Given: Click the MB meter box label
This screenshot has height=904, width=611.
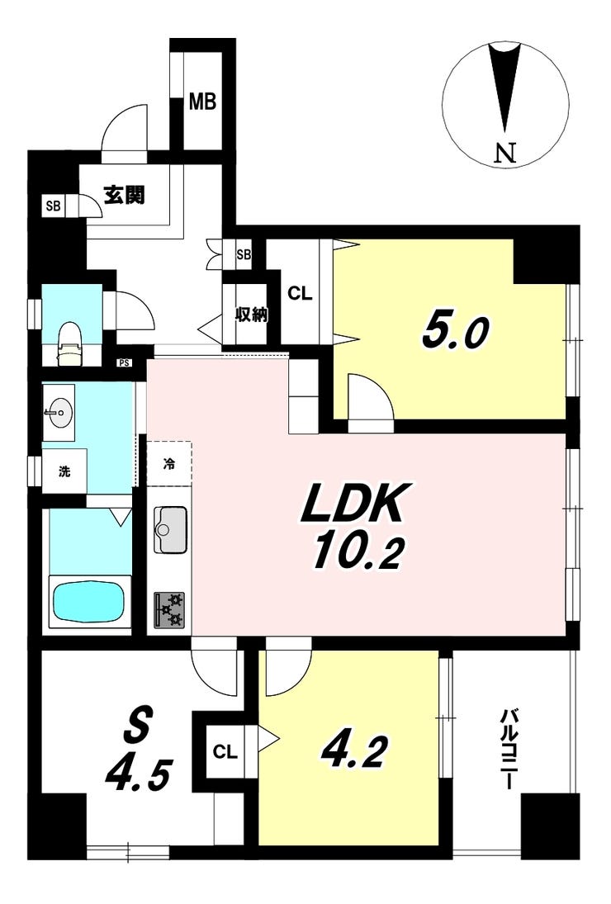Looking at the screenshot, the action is point(203,102).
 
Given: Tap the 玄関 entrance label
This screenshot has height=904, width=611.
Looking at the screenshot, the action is point(124,195).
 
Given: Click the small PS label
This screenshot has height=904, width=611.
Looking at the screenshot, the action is point(123,362).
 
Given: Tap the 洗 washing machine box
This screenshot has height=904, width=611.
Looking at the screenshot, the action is point(64,471).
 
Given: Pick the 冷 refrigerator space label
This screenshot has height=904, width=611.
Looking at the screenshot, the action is point(169,463).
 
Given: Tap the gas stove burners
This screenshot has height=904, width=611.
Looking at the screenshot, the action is point(169,611).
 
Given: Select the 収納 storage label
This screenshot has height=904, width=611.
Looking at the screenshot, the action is point(251,315).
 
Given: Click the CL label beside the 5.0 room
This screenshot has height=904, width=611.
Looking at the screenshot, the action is point(300,293).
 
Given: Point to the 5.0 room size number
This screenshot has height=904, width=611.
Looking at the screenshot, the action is point(456,332).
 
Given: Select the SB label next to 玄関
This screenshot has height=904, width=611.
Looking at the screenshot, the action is point(53,206).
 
